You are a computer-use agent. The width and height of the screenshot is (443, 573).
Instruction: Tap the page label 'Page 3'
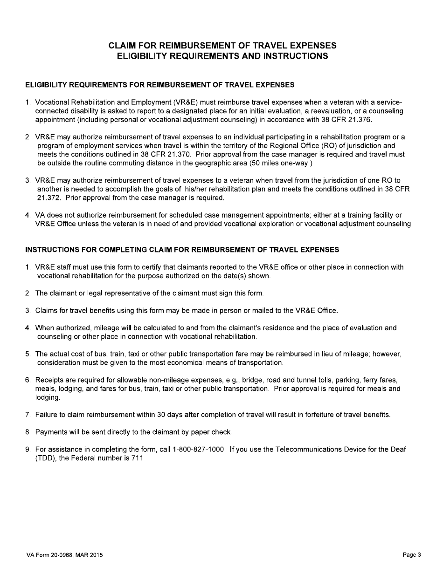412,555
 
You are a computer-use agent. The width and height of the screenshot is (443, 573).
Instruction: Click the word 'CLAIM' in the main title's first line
122,46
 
